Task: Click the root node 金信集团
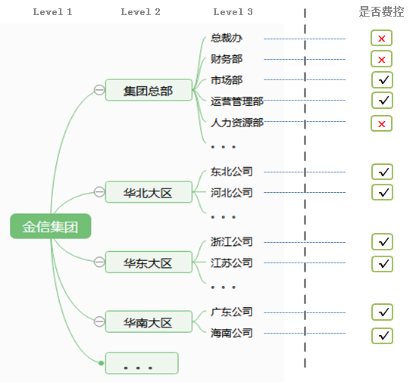click(x=50, y=226)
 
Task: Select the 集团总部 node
click(x=149, y=91)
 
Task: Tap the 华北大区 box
click(x=149, y=193)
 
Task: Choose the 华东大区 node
click(x=149, y=262)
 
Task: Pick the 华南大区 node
click(x=149, y=322)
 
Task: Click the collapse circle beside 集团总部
click(x=99, y=90)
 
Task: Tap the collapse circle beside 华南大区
click(x=99, y=321)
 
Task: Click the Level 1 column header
click(x=53, y=12)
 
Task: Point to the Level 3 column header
click(x=233, y=12)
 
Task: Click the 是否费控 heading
click(x=381, y=12)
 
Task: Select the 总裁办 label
click(x=227, y=38)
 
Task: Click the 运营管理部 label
click(x=237, y=101)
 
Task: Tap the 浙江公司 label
click(x=232, y=242)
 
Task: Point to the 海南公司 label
click(x=232, y=333)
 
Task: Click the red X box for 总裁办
click(x=382, y=39)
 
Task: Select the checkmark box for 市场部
click(x=382, y=80)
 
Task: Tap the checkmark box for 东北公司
click(x=382, y=172)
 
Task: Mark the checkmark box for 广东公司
click(x=382, y=312)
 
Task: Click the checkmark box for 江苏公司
click(x=382, y=264)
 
